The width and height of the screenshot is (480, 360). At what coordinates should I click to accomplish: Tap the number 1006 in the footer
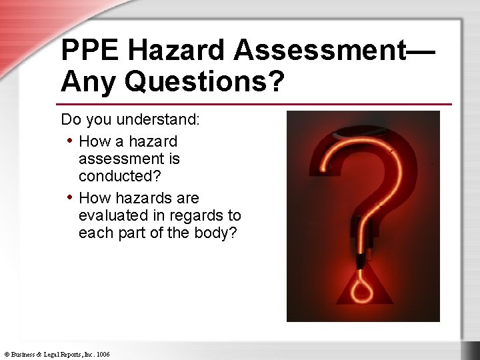tap(103, 354)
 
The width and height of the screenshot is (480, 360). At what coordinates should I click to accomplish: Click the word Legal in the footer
tap(55, 354)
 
